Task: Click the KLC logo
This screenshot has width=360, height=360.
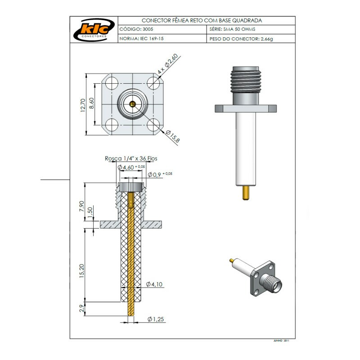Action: tap(93, 30)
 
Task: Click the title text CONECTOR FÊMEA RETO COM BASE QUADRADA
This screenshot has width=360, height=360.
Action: tap(202, 21)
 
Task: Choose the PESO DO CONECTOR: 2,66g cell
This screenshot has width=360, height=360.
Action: tap(241, 39)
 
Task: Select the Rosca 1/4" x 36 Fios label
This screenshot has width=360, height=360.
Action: tap(131, 158)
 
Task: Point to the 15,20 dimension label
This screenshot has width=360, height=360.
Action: tap(81, 271)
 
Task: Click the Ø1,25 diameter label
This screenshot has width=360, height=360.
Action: tap(155, 319)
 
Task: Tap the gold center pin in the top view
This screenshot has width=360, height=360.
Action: tap(132, 104)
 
